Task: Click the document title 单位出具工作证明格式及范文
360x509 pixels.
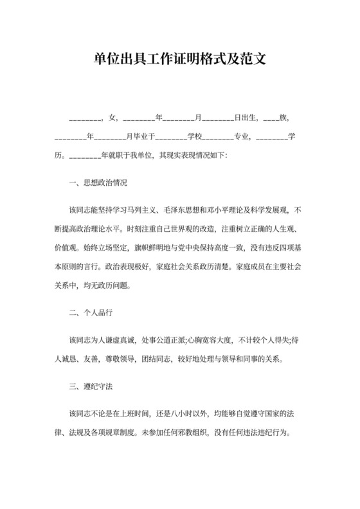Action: [x=179, y=60]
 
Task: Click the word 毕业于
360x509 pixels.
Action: [x=140, y=137]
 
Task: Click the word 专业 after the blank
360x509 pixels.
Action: [x=242, y=137]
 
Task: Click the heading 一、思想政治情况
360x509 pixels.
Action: [x=98, y=183]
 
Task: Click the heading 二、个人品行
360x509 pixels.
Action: [x=89, y=313]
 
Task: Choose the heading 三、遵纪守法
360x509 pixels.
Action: [x=89, y=388]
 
